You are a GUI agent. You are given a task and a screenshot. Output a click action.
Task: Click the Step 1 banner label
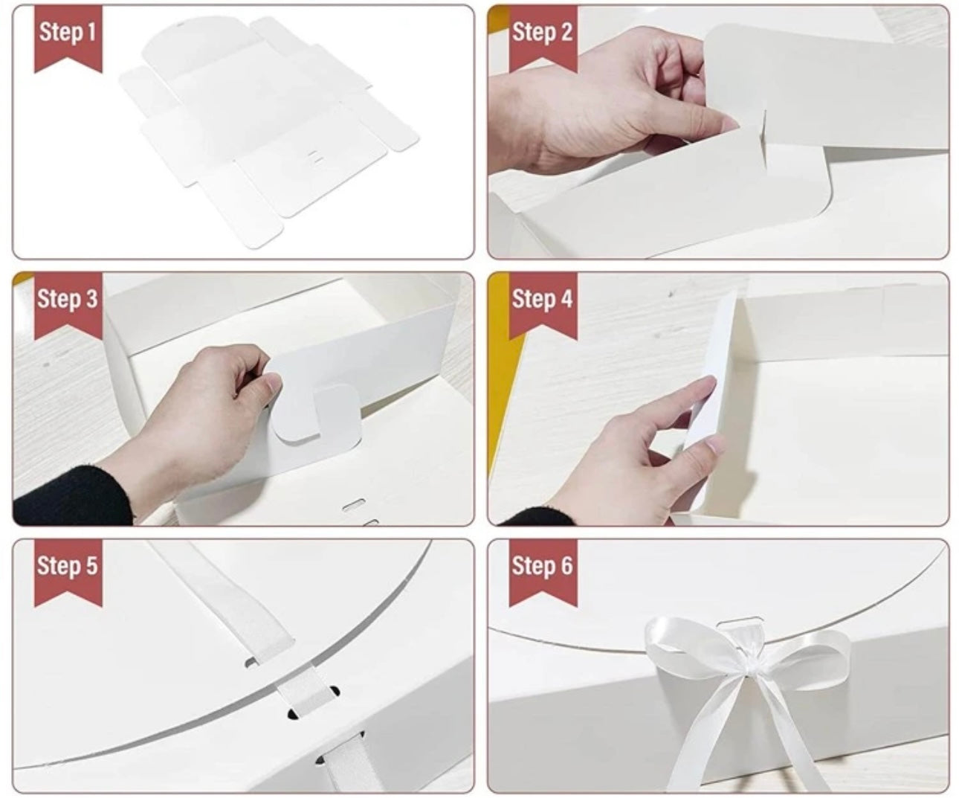pos(68,33)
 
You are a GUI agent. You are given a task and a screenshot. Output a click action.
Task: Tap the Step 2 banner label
pos(543,33)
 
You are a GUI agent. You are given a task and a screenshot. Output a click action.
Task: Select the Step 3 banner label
pos(68,299)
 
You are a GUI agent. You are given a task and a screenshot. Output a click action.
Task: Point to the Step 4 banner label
pos(543,299)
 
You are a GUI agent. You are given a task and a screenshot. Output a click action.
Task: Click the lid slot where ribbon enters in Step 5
pos(255,659)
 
